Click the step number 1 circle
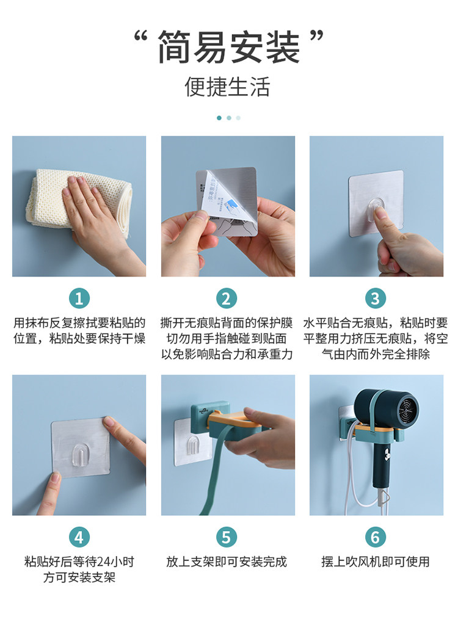tap(79, 299)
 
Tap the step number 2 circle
tap(226, 299)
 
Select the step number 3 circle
tap(375, 299)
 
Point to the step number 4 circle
tap(79, 537)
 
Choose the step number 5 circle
tap(226, 537)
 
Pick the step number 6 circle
tap(375, 537)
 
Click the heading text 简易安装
tap(228, 47)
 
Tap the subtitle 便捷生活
tap(228, 87)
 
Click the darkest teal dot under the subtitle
tap(219, 118)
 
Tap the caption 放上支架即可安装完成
tap(227, 562)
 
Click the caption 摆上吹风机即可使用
tap(376, 562)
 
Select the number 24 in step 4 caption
tap(104, 562)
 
